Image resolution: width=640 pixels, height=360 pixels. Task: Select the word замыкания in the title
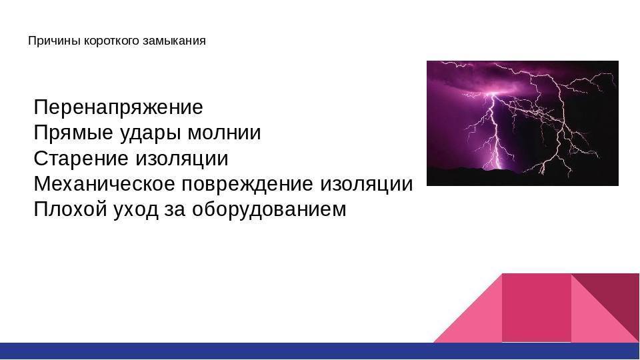[x=174, y=41]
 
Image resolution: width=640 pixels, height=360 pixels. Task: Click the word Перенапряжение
[x=119, y=108]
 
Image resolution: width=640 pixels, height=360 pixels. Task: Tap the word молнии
[x=224, y=133]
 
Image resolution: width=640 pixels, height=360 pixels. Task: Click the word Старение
[x=81, y=159]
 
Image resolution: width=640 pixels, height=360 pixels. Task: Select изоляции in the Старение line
[x=181, y=159]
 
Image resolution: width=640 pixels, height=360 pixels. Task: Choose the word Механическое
[x=105, y=184]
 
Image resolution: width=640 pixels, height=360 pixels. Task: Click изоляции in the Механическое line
[x=367, y=185]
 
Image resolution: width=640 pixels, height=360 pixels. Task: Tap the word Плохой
[x=70, y=209]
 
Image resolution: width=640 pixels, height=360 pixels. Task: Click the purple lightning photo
[x=523, y=123]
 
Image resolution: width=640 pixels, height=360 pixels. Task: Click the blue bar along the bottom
[x=320, y=351]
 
